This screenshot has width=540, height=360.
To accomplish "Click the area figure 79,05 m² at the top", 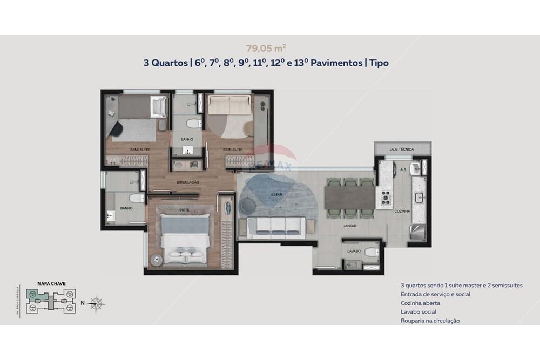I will coord(266,47).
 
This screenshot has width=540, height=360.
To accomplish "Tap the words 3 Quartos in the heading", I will coord(165,63).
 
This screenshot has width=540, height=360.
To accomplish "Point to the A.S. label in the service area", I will coord(403,170).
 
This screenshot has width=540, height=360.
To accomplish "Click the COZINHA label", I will coord(403,212).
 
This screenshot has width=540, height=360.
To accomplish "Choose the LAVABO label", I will coord(354,251).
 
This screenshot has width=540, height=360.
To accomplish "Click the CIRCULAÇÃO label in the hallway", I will coord(188,182).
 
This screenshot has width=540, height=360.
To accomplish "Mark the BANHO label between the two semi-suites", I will coord(187,139).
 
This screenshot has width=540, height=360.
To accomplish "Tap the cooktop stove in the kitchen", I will coord(386,198).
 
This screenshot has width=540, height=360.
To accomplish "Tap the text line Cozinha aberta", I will coord(420,303).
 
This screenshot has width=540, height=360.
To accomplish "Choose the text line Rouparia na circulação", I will coord(430,321).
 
